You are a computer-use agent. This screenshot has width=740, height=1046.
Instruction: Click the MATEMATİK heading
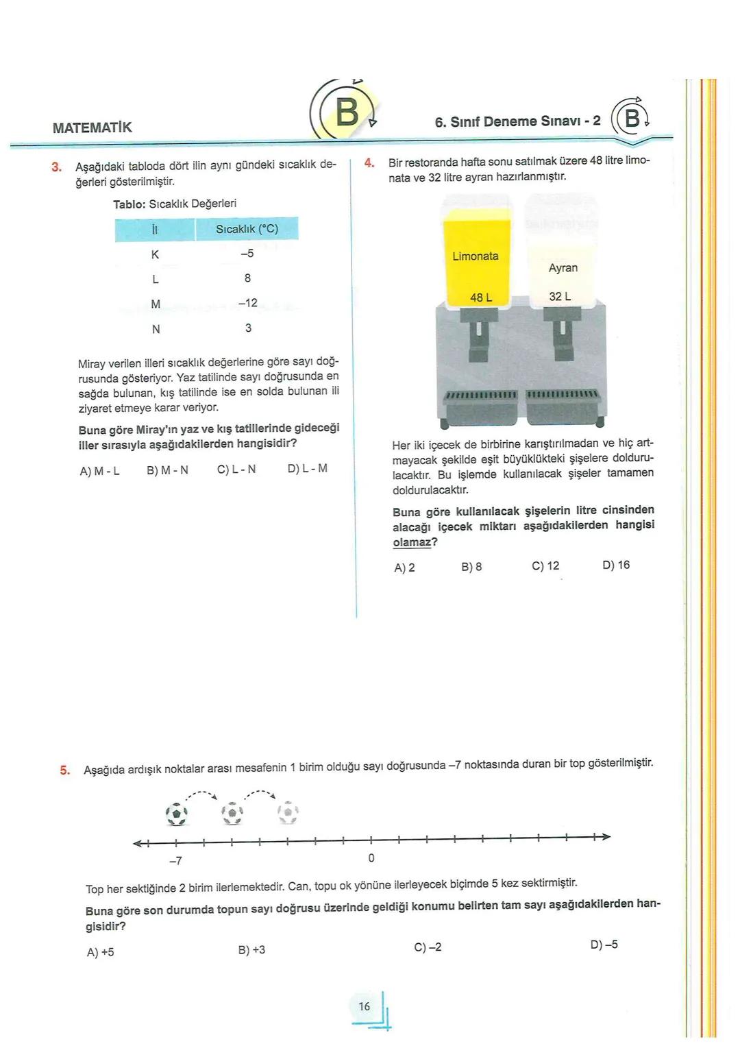[x=92, y=127]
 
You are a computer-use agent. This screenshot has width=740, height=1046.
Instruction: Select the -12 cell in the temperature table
[x=247, y=303]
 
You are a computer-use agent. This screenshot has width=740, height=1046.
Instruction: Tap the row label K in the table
[x=155, y=254]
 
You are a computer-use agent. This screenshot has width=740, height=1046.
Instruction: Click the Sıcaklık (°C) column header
[x=247, y=229]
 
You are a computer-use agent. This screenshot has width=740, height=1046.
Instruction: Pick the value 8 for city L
[x=247, y=278]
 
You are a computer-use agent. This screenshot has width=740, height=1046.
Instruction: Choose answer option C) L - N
[x=236, y=470]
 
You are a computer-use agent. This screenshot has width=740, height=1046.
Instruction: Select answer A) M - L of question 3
[x=100, y=472]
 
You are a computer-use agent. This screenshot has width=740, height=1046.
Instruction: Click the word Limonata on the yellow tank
[x=476, y=256]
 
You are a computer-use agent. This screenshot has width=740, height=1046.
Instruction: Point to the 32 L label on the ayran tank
[x=560, y=297]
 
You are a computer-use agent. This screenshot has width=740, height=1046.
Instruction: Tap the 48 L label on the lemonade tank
[x=481, y=297]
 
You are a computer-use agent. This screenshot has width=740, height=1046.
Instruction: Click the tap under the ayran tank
[x=562, y=334]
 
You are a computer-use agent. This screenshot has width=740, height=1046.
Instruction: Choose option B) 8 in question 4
[x=471, y=568]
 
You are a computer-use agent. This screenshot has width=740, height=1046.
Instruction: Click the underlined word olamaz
[x=412, y=543]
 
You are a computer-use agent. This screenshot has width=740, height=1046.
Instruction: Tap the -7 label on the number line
[x=175, y=860]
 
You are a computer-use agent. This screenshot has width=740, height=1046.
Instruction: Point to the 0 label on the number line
[x=371, y=858]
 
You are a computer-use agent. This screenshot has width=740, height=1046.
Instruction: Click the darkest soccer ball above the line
[x=177, y=814]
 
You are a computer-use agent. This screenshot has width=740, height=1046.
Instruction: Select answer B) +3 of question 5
[x=251, y=950]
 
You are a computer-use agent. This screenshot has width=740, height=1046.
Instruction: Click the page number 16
[x=364, y=1006]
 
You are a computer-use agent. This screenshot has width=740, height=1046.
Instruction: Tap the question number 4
[x=369, y=163]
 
